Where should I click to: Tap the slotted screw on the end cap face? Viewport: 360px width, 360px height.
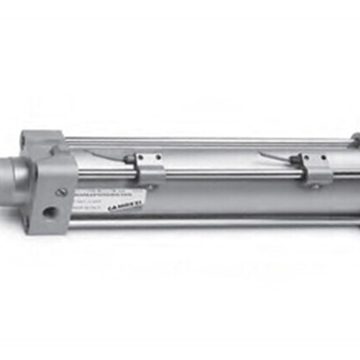click(x=62, y=192)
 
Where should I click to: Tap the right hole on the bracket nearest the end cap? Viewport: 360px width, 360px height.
click(x=158, y=157)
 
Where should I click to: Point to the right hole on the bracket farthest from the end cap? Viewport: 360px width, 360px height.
click(x=323, y=157)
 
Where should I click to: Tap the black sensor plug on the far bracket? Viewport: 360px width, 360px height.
click(x=295, y=158)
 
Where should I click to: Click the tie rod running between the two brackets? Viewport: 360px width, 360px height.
click(x=229, y=174)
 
